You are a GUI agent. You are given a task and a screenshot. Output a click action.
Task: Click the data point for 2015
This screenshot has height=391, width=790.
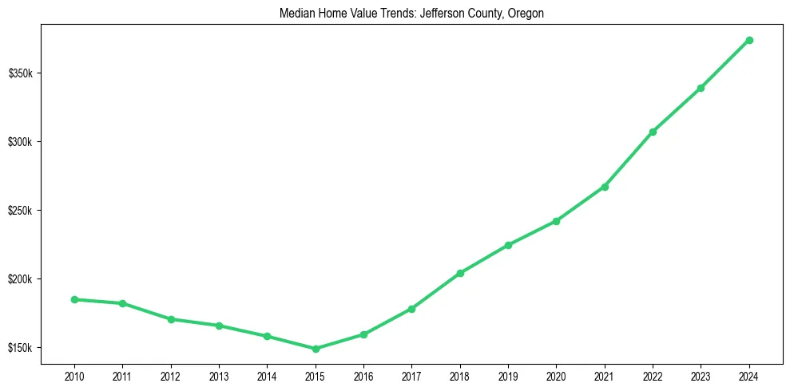pos(316,349)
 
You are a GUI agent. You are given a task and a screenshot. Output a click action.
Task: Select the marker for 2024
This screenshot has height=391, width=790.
pos(749,40)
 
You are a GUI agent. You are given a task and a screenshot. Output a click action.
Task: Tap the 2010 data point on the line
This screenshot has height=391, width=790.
pos(74,299)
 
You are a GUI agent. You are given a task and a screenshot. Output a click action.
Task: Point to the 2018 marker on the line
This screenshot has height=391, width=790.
pos(460,273)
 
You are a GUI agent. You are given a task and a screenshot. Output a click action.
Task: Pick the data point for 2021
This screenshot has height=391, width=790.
pos(605,187)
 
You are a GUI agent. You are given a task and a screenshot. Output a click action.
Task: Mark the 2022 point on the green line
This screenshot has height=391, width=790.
pos(653,132)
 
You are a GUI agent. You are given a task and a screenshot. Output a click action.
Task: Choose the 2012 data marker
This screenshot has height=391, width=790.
pos(171,319)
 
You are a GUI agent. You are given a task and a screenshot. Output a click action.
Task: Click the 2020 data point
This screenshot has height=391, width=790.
pos(556,221)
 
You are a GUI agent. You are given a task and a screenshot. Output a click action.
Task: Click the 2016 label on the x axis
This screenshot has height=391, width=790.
pos(363,374)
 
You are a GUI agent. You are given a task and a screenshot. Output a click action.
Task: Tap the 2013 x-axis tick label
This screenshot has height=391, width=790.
pos(219,374)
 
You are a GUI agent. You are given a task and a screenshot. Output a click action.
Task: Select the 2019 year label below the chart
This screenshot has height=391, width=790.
pos(508,374)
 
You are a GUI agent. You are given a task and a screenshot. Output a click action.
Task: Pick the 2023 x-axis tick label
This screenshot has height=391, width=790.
pos(701,374)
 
